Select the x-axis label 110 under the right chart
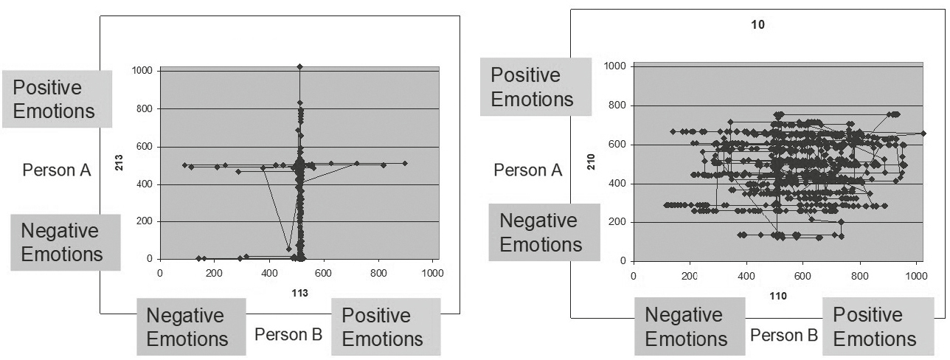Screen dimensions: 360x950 [x=779, y=296]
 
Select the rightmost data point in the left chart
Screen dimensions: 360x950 [x=405, y=163]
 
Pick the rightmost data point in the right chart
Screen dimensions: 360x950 [x=923, y=134]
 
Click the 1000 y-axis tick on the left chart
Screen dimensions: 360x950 [x=143, y=71]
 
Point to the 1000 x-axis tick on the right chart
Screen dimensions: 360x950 [x=915, y=274]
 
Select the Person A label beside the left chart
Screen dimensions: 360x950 [x=57, y=170]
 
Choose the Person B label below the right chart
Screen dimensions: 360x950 [x=783, y=335]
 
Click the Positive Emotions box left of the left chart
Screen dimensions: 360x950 [x=58, y=99]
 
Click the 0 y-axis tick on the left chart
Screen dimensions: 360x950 [x=150, y=259]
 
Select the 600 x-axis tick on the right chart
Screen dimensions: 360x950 [x=802, y=274]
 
